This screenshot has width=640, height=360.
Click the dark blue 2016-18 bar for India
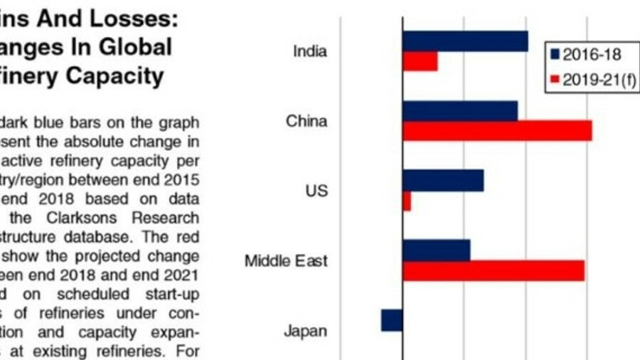pos(465,41)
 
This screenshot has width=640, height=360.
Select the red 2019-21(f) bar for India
pos(420,61)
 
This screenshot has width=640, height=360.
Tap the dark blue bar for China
pos(459,111)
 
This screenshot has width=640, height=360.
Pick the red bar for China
pos(497,131)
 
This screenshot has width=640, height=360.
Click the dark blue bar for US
pos(442,181)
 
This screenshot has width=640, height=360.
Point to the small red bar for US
pos(407,201)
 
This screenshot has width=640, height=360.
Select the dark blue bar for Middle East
pos(436,250)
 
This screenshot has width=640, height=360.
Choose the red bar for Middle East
pos(493,270)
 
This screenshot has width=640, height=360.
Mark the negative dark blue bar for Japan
pos(392,320)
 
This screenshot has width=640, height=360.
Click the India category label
pos(310,51)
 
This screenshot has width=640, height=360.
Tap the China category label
pos(306,121)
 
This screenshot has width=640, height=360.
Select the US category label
pos(316,191)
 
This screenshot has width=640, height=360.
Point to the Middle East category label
pos(286,260)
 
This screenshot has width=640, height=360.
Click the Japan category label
pos(306,331)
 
